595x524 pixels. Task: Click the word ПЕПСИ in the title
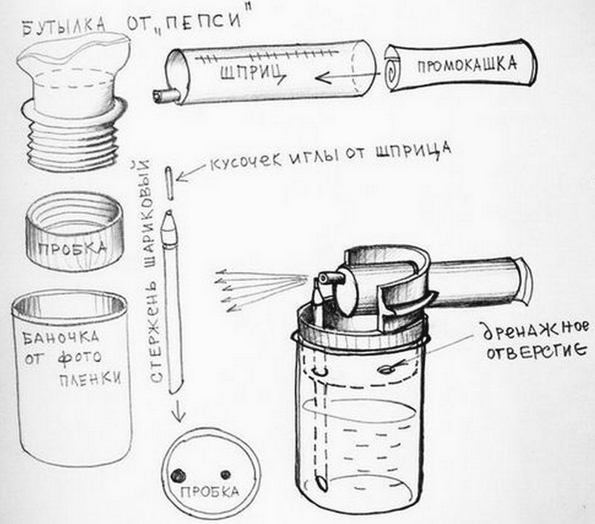203,23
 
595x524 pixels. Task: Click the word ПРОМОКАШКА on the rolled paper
467,65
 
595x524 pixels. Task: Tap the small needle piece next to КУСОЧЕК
170,183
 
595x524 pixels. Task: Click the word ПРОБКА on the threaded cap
73,249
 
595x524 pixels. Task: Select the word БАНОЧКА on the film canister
61,337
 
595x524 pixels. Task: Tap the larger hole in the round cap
178,475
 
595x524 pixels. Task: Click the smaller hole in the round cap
226,474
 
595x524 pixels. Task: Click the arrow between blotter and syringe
348,77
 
